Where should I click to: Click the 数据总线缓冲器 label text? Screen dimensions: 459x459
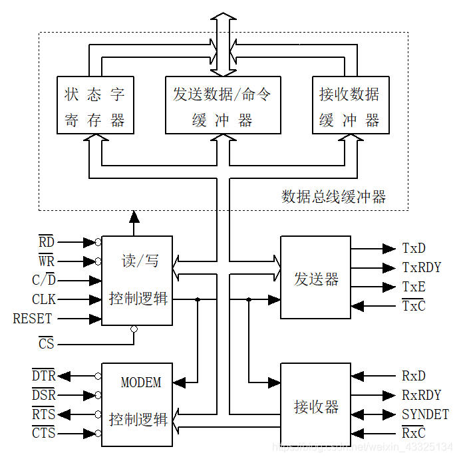333,197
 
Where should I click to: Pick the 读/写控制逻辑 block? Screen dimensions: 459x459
137,280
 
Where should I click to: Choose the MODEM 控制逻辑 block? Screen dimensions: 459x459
137,404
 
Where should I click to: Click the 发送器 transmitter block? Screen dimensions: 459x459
315,277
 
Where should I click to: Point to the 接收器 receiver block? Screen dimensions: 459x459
315,404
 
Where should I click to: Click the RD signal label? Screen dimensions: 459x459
46,241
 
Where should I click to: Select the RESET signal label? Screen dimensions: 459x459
32,319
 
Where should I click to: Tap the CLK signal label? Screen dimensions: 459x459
44,299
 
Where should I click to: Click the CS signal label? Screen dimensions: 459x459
46,344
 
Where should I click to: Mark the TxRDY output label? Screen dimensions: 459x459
421,267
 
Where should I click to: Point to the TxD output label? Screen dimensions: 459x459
414,248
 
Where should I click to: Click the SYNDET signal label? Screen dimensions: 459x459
425,414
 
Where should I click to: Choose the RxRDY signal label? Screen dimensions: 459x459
421,395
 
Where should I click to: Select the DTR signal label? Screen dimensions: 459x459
44,376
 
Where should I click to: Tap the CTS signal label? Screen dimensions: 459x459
44,434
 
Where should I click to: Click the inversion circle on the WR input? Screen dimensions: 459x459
98,261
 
